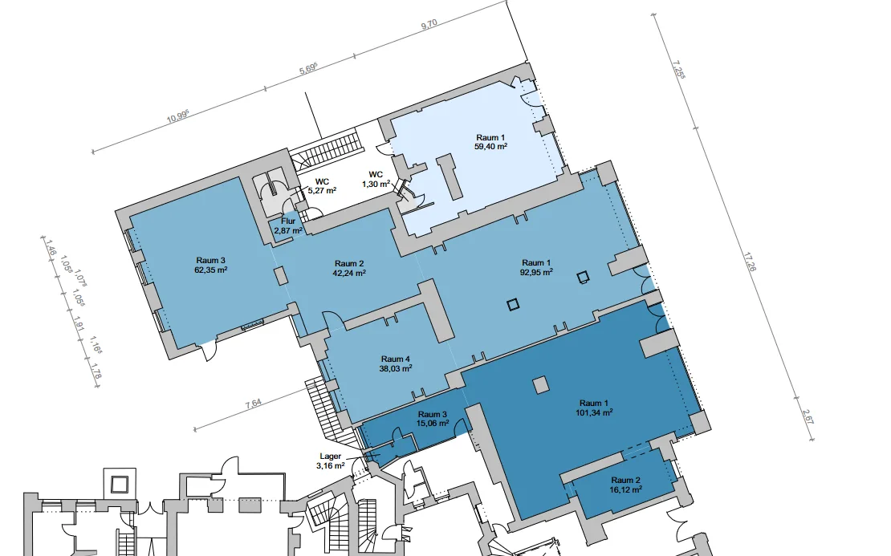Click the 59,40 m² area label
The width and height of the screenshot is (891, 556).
pos(491,147)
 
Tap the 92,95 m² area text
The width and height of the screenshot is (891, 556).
pos(536,272)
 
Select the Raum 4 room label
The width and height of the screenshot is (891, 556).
pos(396,359)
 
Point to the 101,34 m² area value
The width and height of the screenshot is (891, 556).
pos(594,413)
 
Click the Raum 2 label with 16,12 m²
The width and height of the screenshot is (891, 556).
pos(625,481)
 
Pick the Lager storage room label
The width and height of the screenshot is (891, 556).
pos(330,457)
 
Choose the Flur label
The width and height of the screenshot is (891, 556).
pos(288,221)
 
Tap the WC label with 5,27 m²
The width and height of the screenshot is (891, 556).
pos(322,182)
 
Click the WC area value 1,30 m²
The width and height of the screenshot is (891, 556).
pos(376,184)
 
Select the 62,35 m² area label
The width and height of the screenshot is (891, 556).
pos(211,270)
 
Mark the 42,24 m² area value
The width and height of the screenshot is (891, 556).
pos(349,273)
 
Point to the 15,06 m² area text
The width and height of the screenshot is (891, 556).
pos(433,423)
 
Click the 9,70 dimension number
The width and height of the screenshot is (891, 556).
pos(429,24)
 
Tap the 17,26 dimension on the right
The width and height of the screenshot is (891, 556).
pos(749,262)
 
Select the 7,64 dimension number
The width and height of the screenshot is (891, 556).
pos(254,404)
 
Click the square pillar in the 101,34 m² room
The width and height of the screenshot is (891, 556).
pos(542,385)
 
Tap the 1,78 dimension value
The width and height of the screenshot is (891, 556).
pos(96,372)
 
